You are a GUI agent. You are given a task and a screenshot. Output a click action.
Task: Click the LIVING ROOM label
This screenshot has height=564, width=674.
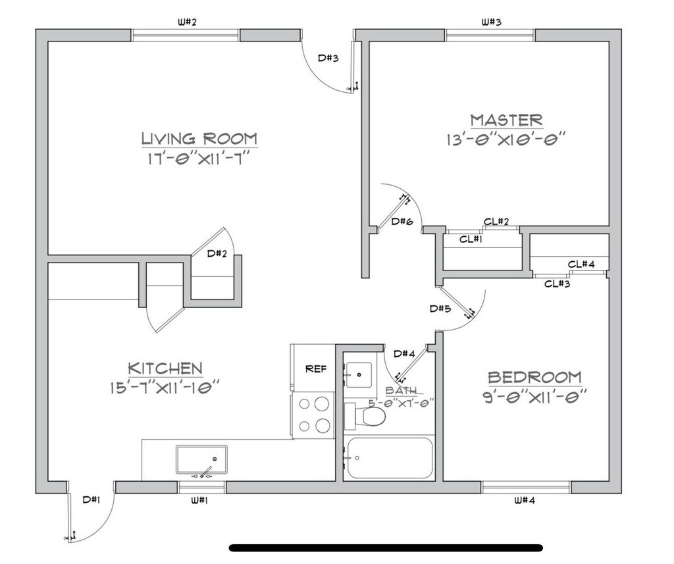199,139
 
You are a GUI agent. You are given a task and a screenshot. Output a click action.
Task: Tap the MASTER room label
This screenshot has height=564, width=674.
506,120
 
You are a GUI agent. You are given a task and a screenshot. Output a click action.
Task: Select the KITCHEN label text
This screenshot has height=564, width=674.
165,368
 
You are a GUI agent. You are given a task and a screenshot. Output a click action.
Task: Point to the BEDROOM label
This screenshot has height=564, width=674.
534,378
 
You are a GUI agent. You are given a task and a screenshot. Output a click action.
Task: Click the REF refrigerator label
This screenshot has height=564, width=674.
316,369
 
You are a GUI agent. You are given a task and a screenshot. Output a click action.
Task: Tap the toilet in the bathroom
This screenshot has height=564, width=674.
366,415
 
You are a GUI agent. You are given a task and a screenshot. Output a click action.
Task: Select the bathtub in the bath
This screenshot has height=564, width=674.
389,458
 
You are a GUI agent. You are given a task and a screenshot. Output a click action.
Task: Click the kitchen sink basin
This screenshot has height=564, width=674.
201,459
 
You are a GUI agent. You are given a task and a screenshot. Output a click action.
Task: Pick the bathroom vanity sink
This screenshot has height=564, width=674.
359,375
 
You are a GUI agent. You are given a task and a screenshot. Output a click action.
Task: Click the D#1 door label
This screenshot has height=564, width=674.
91,500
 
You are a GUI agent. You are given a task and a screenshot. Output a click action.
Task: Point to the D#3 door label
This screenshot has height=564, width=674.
328,58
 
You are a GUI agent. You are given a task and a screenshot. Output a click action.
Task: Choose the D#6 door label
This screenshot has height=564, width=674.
402,222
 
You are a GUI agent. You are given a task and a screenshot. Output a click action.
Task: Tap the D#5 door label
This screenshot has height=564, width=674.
440,308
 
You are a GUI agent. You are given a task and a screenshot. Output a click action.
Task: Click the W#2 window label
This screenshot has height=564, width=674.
187,22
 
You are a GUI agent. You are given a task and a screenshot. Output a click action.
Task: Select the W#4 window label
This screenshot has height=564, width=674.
525,500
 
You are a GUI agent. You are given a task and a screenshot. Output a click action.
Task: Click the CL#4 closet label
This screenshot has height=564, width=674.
582,265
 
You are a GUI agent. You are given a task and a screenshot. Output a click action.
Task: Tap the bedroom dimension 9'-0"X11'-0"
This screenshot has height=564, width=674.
534,397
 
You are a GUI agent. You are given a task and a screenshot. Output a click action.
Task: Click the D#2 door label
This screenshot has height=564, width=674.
217,253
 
